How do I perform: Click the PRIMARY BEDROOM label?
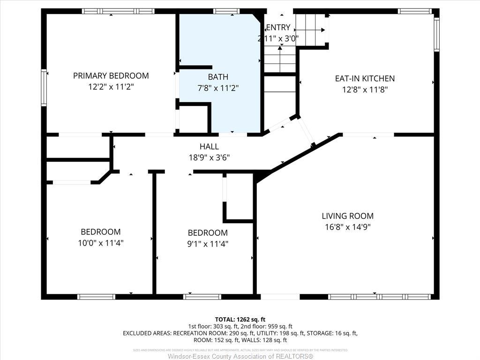111,75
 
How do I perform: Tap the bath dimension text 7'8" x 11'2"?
218,87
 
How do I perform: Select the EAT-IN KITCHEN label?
365,79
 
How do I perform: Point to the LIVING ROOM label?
347,216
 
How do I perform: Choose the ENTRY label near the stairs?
278,28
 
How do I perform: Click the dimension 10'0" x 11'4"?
100,243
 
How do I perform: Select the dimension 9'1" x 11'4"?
208,244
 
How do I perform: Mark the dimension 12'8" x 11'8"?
365,90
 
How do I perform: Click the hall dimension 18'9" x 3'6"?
209,157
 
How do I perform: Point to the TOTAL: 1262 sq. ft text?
240,319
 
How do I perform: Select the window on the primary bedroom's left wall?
44,88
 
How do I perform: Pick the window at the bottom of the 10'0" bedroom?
96,296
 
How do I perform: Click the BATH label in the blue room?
218,77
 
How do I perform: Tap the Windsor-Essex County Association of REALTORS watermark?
240,356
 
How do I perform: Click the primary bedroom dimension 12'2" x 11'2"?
111,87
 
